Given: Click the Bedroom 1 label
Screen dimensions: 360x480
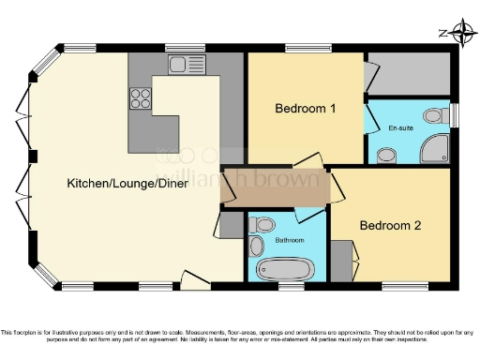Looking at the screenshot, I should click(x=305, y=108).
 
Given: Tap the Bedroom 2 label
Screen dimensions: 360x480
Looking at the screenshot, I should click(x=390, y=225).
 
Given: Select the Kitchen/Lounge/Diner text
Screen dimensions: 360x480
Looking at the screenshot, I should click(x=127, y=183).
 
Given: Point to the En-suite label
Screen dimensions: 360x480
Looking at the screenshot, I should click(x=400, y=127).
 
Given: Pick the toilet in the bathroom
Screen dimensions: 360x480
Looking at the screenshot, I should click(x=263, y=224).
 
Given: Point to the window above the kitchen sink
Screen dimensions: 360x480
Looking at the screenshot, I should click(x=178, y=47).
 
